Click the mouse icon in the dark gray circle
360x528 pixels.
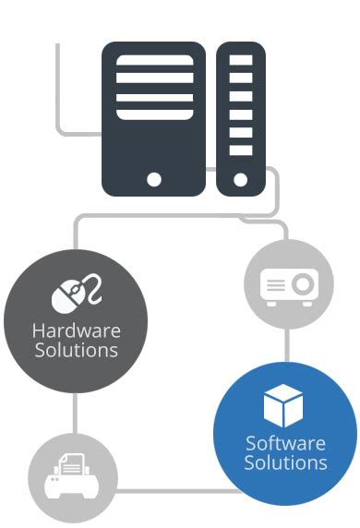(x=65, y=298)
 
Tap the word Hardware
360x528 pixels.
(x=76, y=331)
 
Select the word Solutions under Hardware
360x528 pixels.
(x=76, y=351)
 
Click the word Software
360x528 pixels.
(x=285, y=443)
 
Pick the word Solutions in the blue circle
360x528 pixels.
(x=285, y=462)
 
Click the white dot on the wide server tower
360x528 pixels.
(x=153, y=178)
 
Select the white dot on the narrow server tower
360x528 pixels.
(x=241, y=178)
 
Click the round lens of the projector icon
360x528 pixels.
(x=302, y=284)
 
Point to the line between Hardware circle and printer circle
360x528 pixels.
(x=75, y=413)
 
